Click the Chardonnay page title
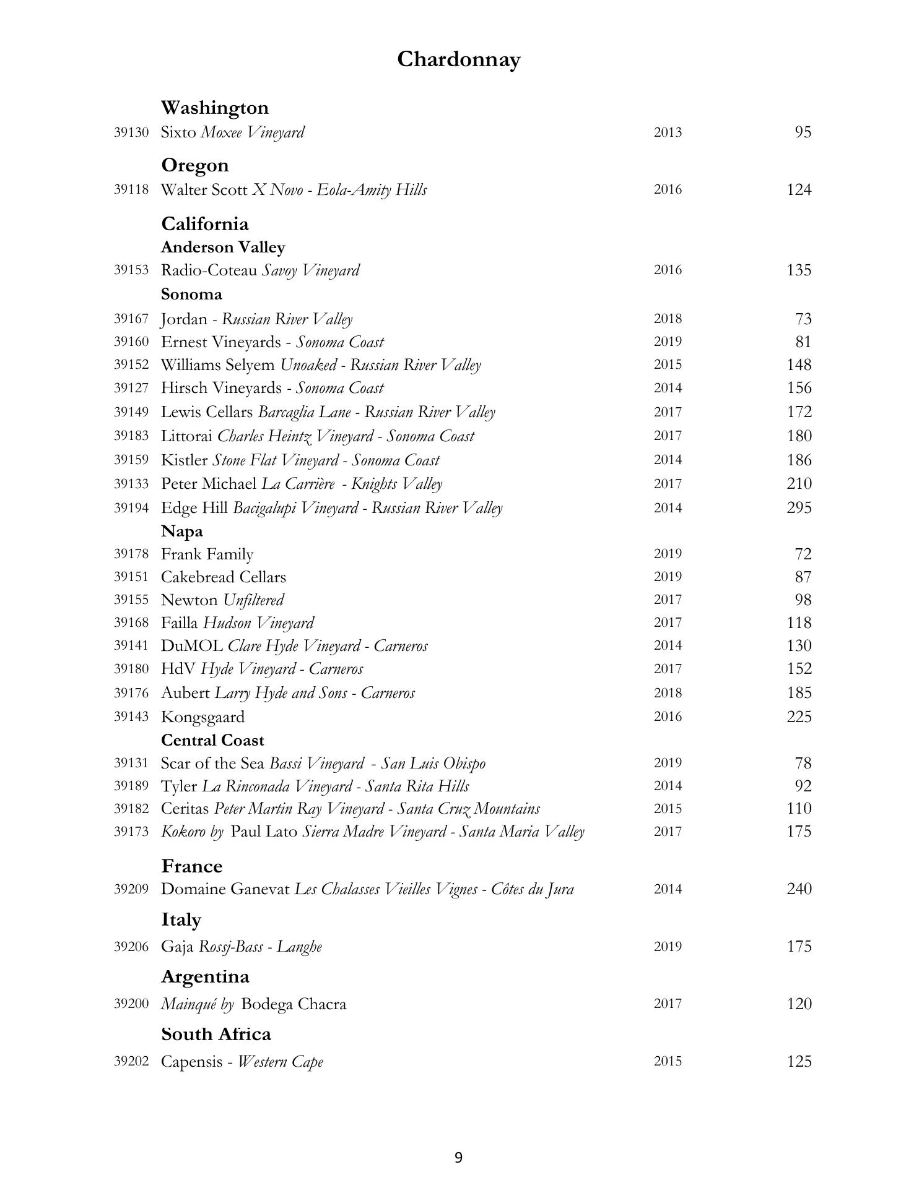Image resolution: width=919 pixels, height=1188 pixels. (458, 59)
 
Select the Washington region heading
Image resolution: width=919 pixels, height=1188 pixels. (215, 108)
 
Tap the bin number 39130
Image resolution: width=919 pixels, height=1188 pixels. (131, 132)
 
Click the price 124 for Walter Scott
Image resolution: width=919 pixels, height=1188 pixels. (798, 189)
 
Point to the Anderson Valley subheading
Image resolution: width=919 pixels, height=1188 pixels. (223, 247)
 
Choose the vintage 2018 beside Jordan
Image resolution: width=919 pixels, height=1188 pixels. (668, 319)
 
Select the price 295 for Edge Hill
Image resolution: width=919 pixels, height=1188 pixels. (798, 507)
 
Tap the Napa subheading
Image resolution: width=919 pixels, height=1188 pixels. (182, 531)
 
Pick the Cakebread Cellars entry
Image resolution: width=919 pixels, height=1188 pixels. (224, 577)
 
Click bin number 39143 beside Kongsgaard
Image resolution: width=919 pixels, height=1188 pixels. (131, 717)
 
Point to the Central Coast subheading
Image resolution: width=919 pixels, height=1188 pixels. (212, 740)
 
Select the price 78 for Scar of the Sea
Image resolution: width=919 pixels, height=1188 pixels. (803, 763)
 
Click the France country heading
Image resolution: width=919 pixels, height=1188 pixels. (192, 866)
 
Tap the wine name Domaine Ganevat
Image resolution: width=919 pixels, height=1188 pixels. (225, 889)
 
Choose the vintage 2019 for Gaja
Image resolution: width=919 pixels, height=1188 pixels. (668, 946)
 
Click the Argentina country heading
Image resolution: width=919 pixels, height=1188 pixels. (205, 976)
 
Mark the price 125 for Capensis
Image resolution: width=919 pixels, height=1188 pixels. (798, 1061)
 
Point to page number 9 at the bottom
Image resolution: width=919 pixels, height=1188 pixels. (458, 1157)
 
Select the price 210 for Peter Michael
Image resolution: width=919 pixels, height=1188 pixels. (798, 483)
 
